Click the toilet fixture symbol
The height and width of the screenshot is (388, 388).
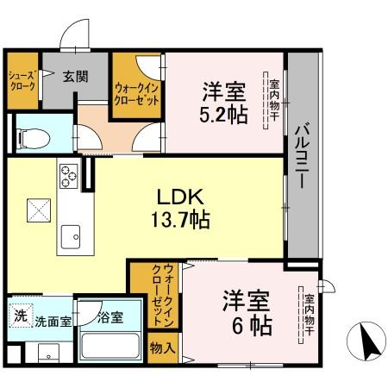pyautogui.click(x=34, y=135)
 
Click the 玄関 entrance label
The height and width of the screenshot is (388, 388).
pyautogui.click(x=76, y=77)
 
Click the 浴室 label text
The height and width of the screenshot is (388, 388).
pyautogui.click(x=110, y=317)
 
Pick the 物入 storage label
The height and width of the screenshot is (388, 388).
pyautogui.click(x=162, y=349)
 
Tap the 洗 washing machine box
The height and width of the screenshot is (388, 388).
pyautogui.click(x=20, y=315)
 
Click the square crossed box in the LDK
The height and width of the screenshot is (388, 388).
pyautogui.click(x=35, y=210)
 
